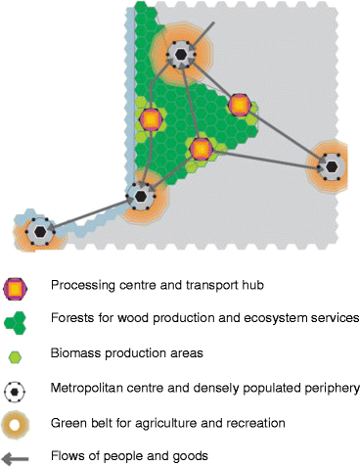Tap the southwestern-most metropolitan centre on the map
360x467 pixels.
(x=40, y=233)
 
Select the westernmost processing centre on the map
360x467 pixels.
(x=151, y=119)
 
